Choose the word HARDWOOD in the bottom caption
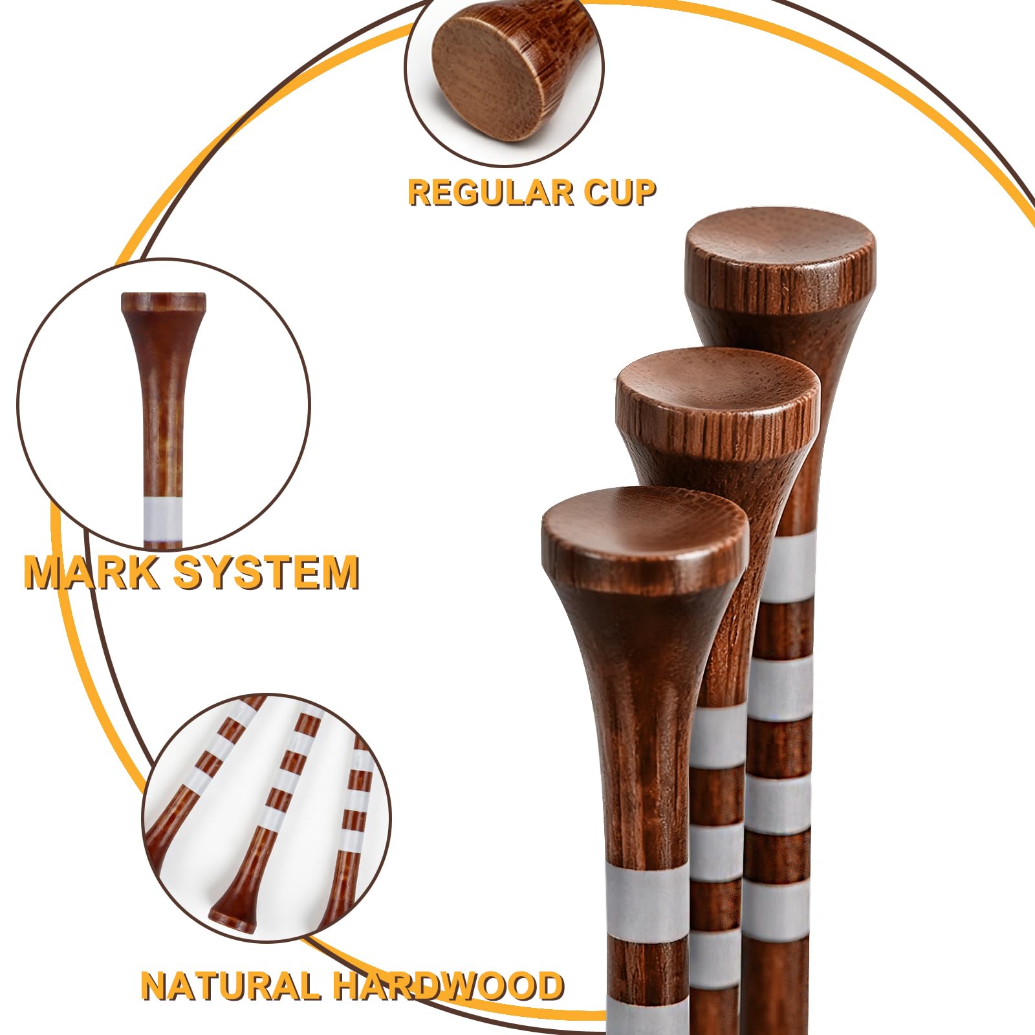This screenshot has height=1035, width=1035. pyautogui.click(x=448, y=986)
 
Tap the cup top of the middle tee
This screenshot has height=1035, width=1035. pyautogui.click(x=718, y=388)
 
